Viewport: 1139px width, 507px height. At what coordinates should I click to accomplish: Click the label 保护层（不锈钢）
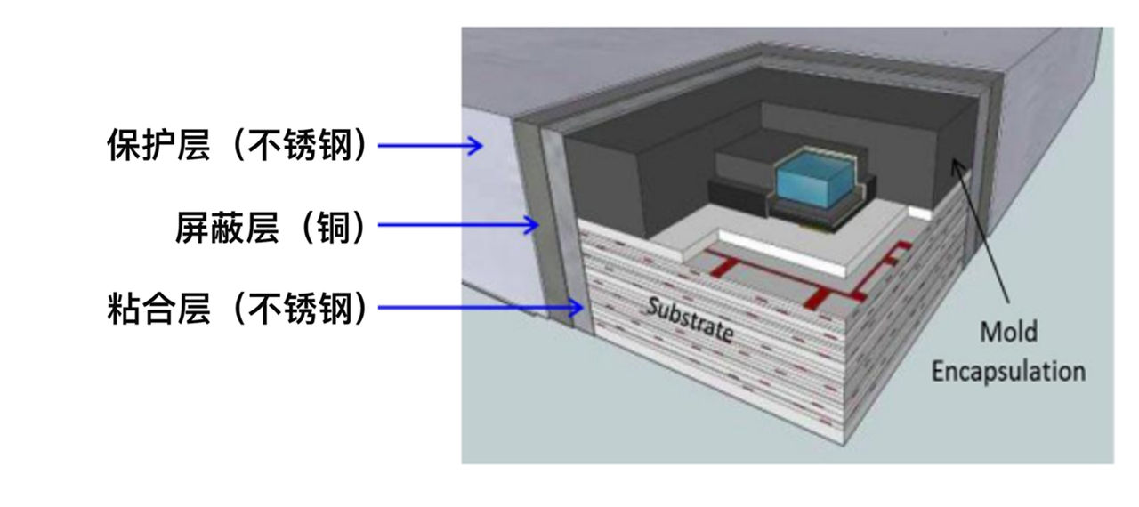tap(237, 146)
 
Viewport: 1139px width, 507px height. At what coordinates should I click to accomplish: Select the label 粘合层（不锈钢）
tap(237, 310)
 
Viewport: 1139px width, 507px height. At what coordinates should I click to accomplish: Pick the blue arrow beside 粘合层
tap(481, 309)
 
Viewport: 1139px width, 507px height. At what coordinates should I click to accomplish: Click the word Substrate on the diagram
tap(690, 320)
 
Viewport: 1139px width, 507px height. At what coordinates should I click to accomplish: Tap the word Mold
tap(1008, 333)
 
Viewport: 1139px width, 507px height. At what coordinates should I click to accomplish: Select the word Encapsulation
tap(1008, 370)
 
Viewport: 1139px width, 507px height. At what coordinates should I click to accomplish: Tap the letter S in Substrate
tap(654, 308)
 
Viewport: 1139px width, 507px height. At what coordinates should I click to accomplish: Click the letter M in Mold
tap(989, 333)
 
